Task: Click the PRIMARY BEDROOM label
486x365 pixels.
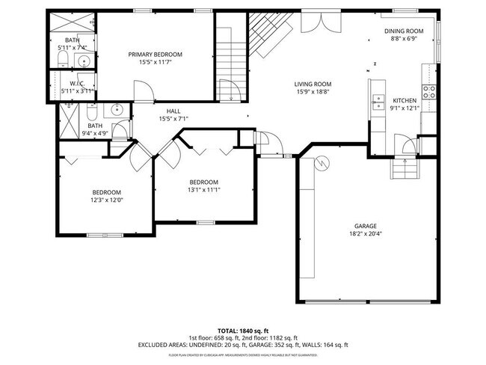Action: point(155,54)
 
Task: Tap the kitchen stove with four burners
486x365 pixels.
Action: point(430,92)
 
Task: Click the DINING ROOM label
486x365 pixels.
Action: point(404,31)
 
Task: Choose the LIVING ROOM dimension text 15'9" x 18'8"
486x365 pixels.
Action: point(313,93)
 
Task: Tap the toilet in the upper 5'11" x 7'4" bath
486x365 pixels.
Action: point(63,59)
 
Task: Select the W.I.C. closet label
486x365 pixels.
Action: point(76,83)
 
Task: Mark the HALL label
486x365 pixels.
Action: point(173,110)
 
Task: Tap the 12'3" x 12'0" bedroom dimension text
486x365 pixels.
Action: point(106,200)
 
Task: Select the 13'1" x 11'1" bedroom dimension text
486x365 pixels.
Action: point(203,190)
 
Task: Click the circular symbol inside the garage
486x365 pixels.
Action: point(321,160)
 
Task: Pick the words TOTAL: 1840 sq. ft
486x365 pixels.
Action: point(243,330)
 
